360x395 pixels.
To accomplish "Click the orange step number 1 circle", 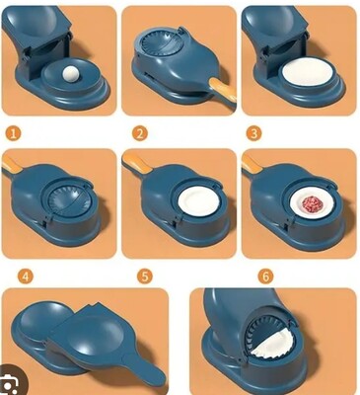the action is tap(13, 134).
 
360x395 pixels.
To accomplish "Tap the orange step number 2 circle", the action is tap(140, 134).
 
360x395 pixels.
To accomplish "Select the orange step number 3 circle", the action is tap(254, 134).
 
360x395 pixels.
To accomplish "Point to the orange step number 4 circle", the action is tap(26, 276).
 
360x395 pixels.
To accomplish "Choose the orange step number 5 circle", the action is tap(145, 276).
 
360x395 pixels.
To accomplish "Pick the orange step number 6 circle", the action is tap(265, 276).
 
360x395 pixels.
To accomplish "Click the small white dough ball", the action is tap(71, 73).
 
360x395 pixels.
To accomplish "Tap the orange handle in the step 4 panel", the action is tap(12, 164).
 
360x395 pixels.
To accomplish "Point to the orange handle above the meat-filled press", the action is tap(252, 164).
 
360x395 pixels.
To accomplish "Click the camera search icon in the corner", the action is tap(11, 383).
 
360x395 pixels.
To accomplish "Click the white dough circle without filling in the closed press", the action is tap(198, 202).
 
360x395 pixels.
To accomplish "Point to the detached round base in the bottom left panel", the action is tap(41, 324).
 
